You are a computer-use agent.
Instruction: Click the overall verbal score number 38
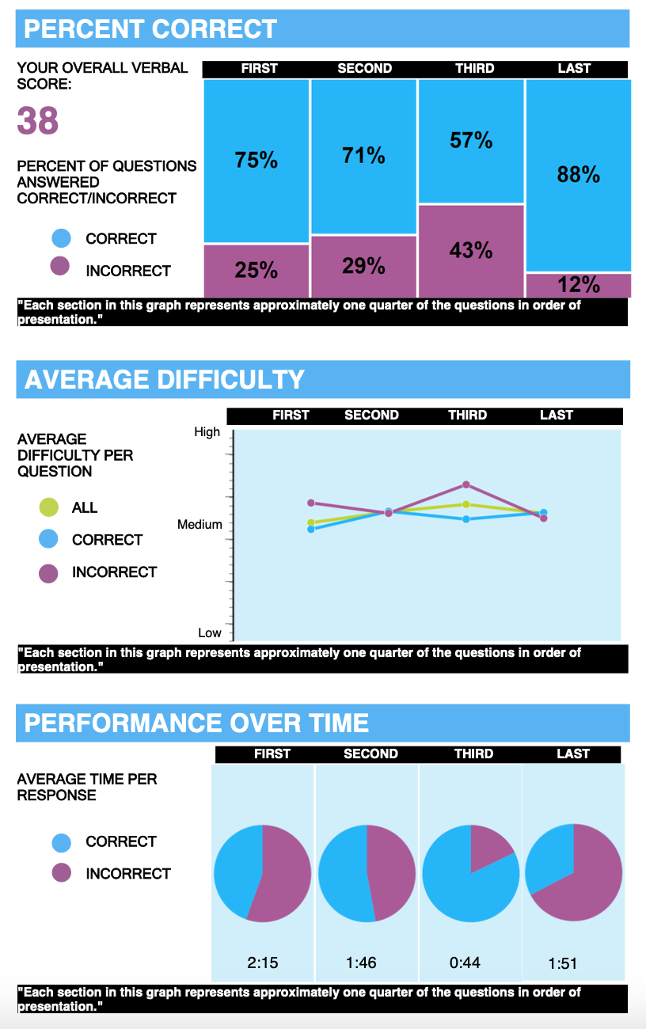tap(38, 122)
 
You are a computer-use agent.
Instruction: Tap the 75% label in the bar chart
tap(256, 161)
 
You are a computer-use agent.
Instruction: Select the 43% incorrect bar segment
tap(471, 250)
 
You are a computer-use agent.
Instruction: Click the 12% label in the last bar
tap(579, 285)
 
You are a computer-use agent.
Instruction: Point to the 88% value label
tap(579, 175)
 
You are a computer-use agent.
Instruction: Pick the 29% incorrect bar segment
tap(363, 266)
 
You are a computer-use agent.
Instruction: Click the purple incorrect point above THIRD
tap(466, 484)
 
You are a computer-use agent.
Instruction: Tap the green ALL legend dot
tap(48, 507)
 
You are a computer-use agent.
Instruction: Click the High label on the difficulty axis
tap(207, 432)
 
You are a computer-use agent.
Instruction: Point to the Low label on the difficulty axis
tap(210, 632)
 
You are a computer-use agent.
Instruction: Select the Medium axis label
tap(199, 524)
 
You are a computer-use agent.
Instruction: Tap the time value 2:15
tap(263, 963)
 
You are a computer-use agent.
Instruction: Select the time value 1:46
tap(361, 963)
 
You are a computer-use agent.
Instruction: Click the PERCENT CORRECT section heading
tap(150, 29)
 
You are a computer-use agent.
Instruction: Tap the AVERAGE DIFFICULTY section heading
tap(165, 380)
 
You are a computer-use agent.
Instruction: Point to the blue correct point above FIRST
tap(311, 529)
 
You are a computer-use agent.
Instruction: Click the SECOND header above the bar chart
tap(364, 69)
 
